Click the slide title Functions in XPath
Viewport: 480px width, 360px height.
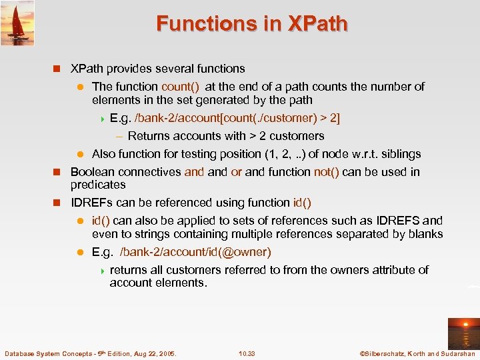[x=251, y=23]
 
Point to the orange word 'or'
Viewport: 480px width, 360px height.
[x=236, y=172]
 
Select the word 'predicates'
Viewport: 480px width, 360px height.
[x=98, y=185]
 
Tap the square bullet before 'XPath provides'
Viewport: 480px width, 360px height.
[x=57, y=69]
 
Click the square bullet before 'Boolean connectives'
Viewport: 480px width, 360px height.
[x=57, y=172]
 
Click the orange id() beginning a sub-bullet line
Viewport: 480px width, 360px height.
[x=102, y=221]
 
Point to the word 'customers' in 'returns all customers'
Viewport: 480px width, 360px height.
[x=193, y=270]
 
